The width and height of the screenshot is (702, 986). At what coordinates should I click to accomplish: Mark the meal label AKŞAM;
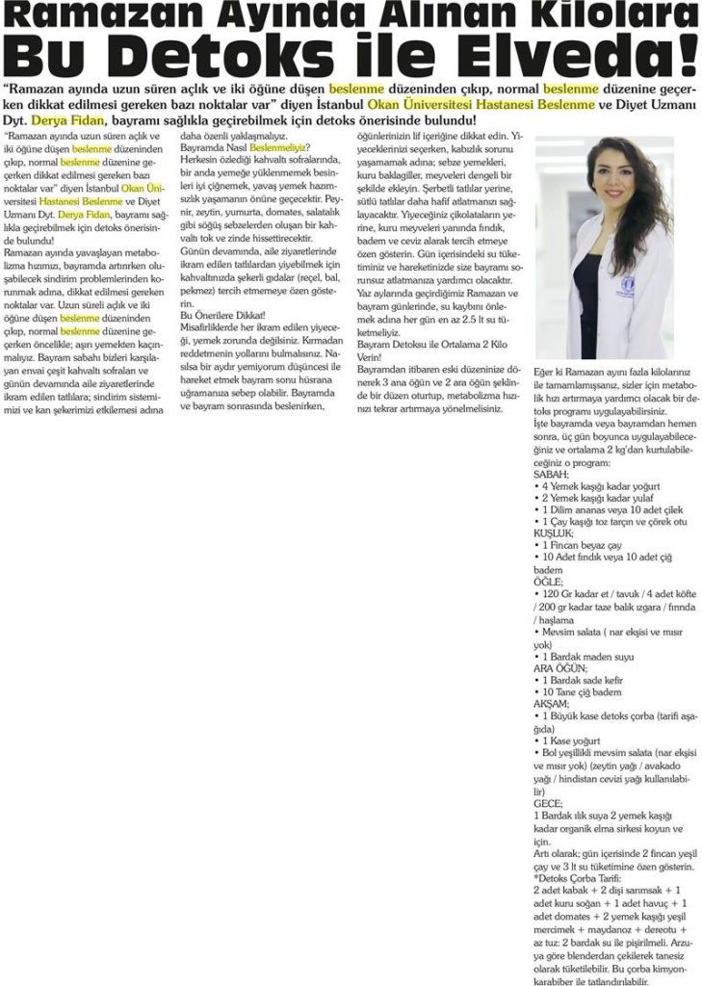point(551,704)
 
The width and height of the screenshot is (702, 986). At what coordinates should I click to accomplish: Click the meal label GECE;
point(546,801)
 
